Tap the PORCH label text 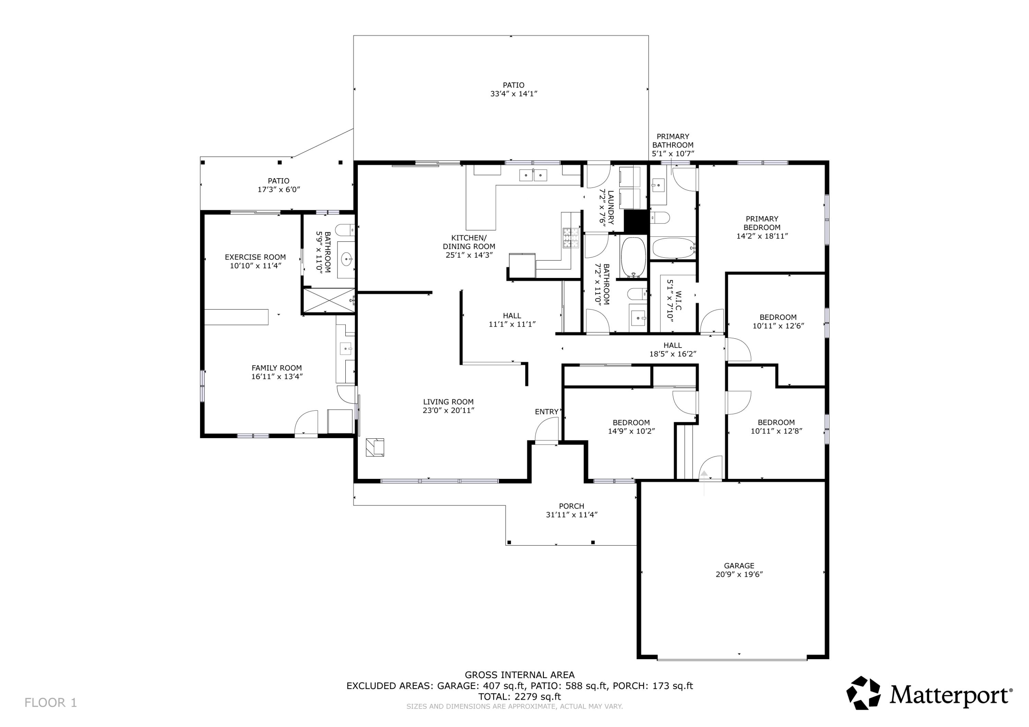[x=571, y=506]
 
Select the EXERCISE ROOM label [x=255, y=257]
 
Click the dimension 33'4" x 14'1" [x=513, y=94]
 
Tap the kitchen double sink [x=533, y=175]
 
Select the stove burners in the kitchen [x=570, y=238]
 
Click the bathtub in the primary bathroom [x=672, y=248]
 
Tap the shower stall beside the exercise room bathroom [x=329, y=300]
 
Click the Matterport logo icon [x=863, y=693]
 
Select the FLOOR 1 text [x=51, y=703]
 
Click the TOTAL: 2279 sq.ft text [x=519, y=696]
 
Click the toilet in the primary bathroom [x=660, y=218]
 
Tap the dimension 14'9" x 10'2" [x=631, y=431]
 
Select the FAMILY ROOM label [x=276, y=368]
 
